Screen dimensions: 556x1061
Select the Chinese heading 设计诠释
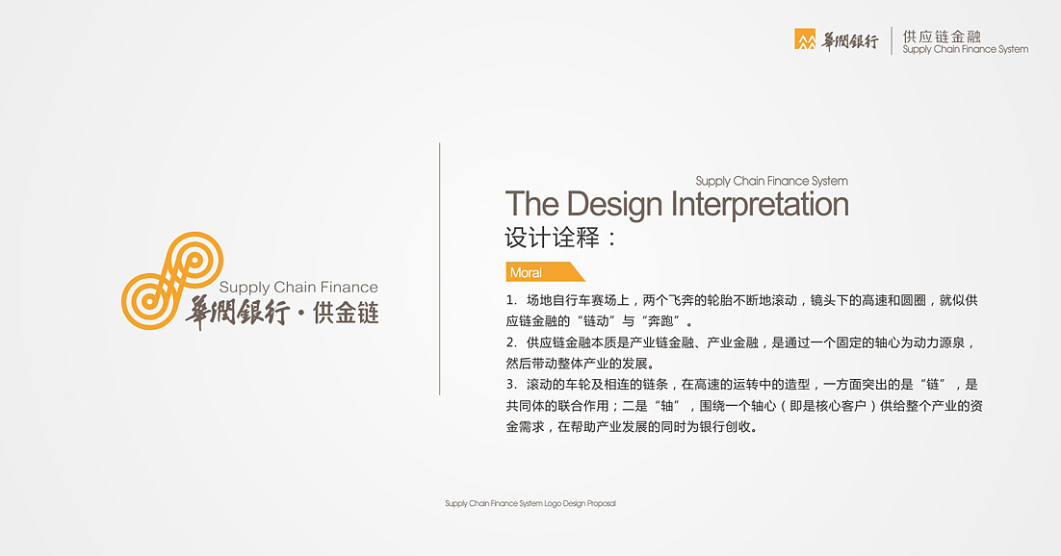tap(552, 238)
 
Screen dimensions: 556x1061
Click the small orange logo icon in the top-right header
tap(805, 39)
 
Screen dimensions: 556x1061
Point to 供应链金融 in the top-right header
tap(942, 36)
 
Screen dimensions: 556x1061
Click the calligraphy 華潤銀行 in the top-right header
tap(849, 40)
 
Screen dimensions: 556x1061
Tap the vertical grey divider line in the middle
tap(440, 268)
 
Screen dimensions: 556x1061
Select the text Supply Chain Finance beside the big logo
tap(298, 288)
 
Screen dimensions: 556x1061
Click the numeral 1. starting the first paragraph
tap(511, 301)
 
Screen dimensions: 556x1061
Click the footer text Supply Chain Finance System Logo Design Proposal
tap(530, 503)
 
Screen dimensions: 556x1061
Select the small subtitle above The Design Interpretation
tap(771, 181)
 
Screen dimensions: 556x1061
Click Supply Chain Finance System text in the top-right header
tap(965, 50)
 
